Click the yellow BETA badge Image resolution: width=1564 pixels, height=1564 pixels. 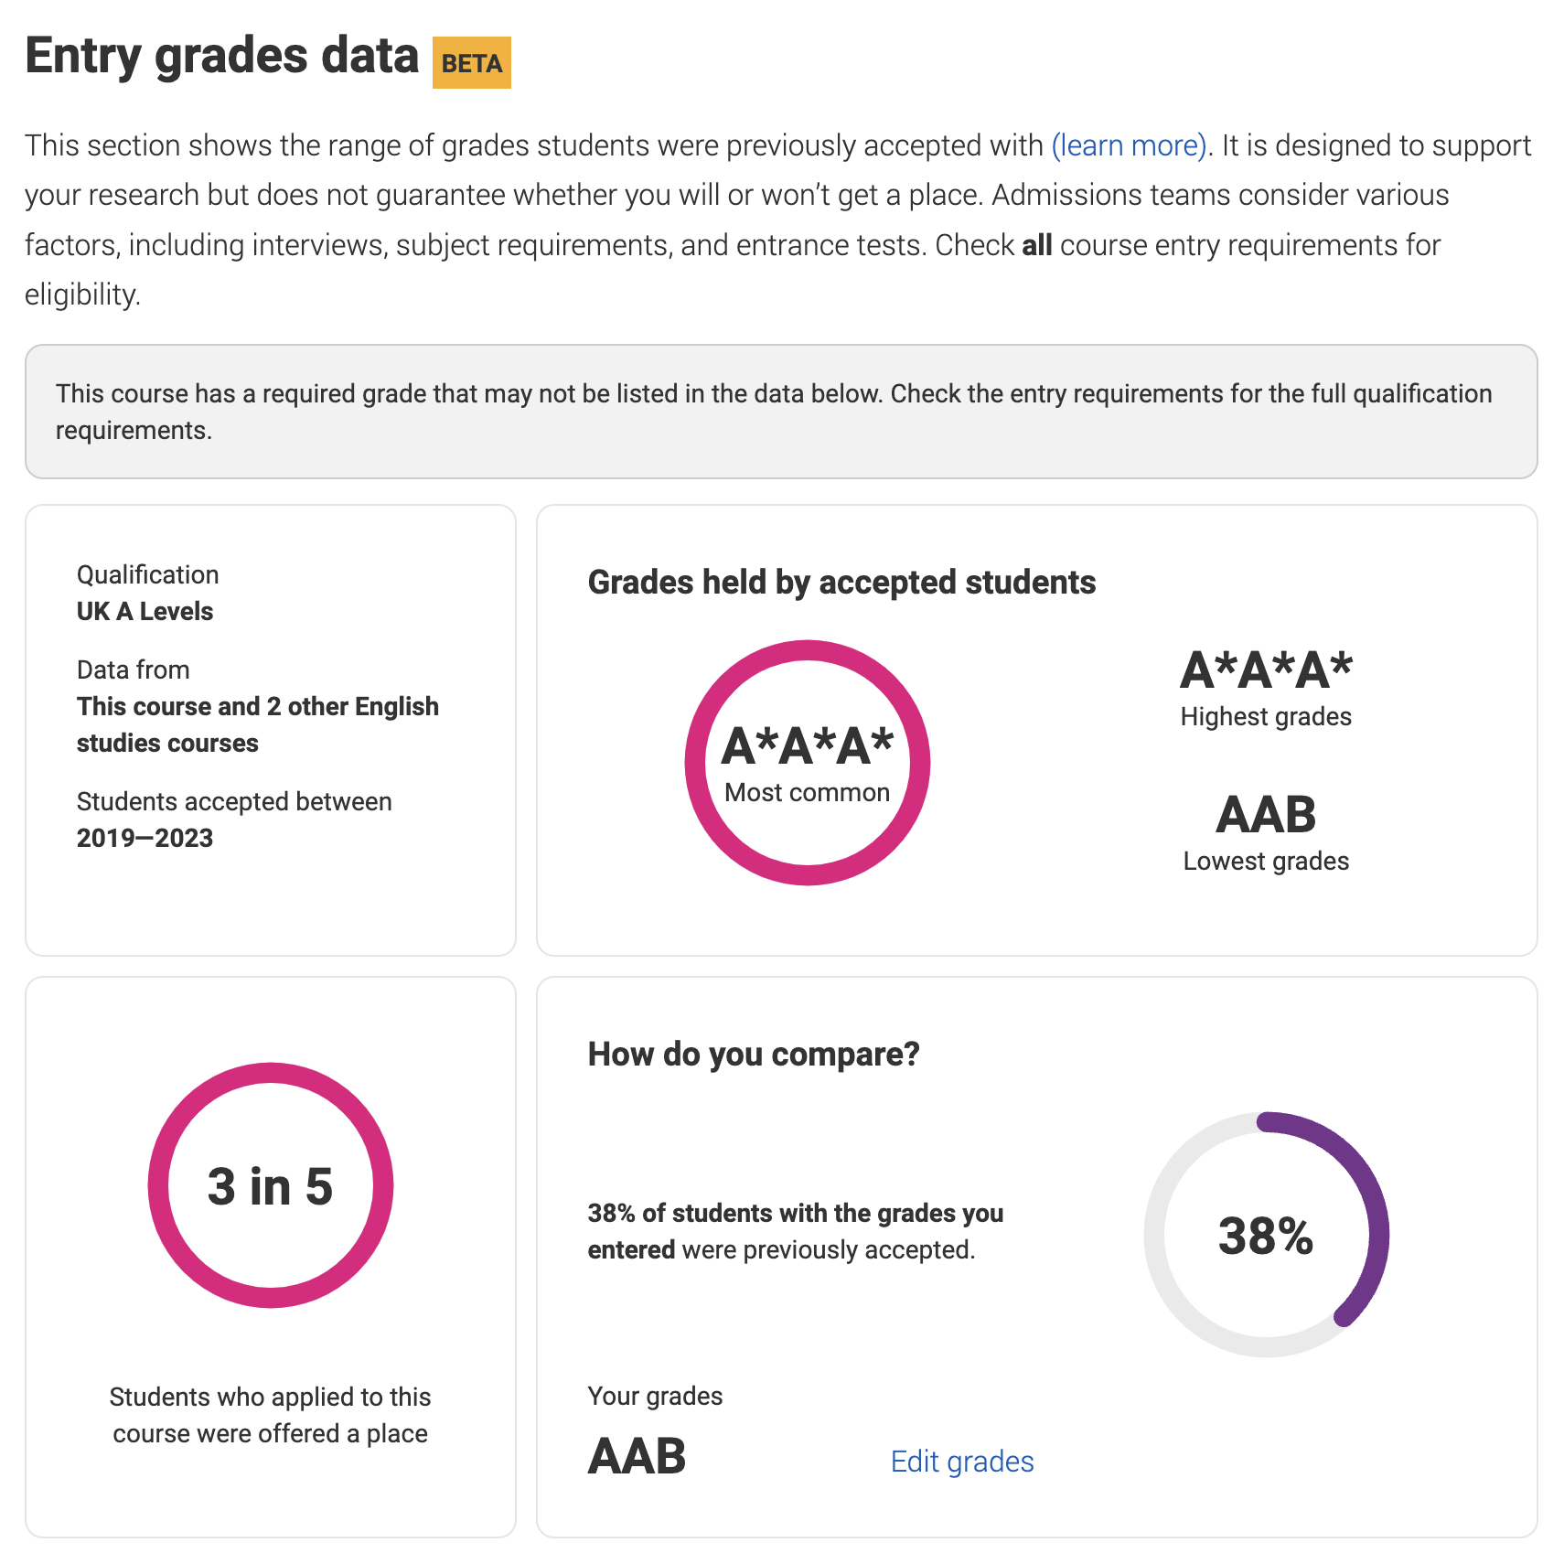point(471,63)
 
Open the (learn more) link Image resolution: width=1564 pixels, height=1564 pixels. point(1130,145)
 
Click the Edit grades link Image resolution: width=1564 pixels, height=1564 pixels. point(961,1462)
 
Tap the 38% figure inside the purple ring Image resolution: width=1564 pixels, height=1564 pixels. point(1266,1236)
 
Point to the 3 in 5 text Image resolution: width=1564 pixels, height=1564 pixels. point(270,1186)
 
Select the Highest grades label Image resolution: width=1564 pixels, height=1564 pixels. point(1266,716)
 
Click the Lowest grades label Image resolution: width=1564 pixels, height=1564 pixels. point(1266,861)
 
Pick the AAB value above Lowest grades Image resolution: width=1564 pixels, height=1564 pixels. point(1266,814)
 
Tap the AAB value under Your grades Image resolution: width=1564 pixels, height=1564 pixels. point(637,1456)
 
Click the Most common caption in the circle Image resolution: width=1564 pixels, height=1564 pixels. point(807,792)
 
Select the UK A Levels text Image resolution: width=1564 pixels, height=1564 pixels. point(145,611)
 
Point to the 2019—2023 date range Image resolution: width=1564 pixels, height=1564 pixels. point(145,838)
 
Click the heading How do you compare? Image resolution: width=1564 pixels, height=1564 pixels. point(754,1054)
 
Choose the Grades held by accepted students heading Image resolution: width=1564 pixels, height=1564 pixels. point(841,582)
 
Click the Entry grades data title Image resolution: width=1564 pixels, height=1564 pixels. point(221,57)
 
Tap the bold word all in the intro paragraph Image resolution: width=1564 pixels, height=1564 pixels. point(1036,245)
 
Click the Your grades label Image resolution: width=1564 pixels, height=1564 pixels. point(655,1396)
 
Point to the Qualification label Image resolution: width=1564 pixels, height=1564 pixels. point(147,574)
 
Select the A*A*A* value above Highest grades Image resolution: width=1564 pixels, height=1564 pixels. point(1266,670)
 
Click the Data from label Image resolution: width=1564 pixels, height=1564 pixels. point(133,670)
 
